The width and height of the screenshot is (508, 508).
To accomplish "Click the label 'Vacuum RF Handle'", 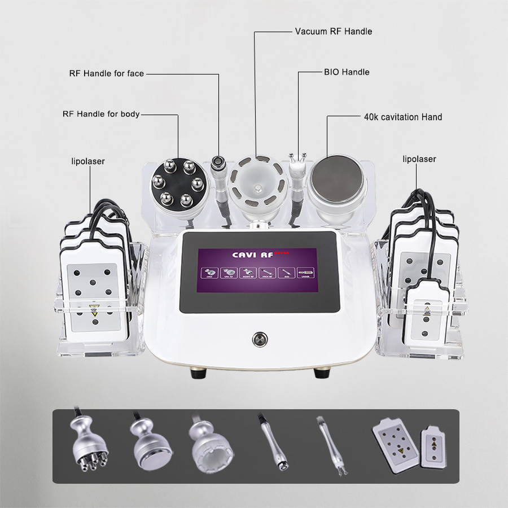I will click(x=333, y=32).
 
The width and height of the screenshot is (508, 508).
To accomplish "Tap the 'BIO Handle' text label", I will click(x=346, y=72).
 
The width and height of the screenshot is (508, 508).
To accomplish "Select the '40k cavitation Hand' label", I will click(x=402, y=117).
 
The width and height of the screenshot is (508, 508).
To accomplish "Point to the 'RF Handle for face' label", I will click(x=106, y=73).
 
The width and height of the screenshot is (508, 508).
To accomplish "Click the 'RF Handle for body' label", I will click(x=100, y=114).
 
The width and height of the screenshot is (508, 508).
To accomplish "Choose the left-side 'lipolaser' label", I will click(x=87, y=161).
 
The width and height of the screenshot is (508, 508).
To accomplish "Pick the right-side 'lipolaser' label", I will click(x=419, y=159).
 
